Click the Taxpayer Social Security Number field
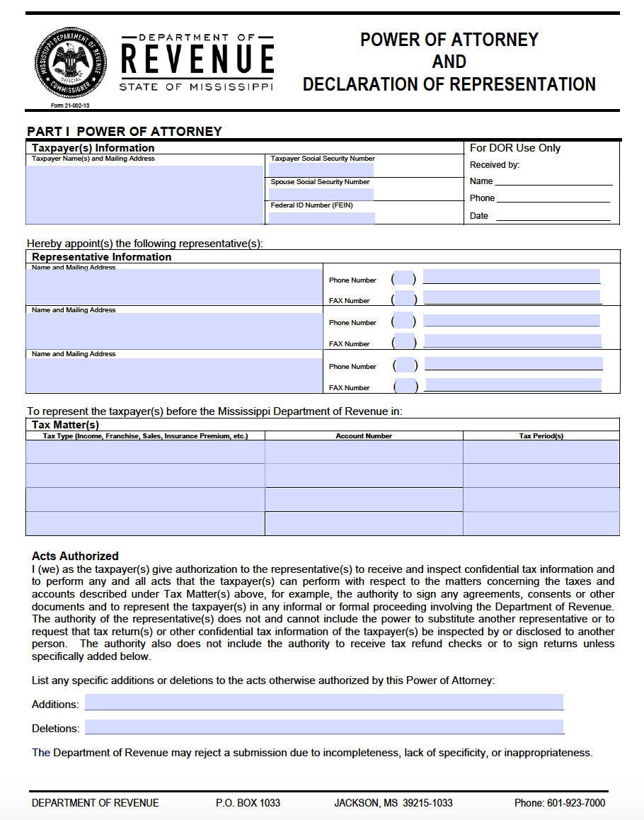tap(321, 170)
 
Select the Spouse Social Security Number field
tap(321, 194)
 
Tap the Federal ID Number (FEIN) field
tap(321, 217)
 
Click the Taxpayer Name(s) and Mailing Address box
tap(144, 194)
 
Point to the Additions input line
tap(324, 702)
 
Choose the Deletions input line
tap(324, 727)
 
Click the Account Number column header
tap(364, 436)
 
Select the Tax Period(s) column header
tap(541, 436)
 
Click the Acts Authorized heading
tap(75, 557)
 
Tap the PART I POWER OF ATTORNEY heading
tap(125, 132)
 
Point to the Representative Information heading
tap(102, 257)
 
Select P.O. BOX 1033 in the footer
tap(248, 803)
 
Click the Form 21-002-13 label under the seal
tap(70, 106)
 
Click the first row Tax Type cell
tap(145, 452)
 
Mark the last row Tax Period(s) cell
tap(541, 523)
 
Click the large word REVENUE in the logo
tap(197, 59)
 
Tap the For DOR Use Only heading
tap(515, 148)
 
